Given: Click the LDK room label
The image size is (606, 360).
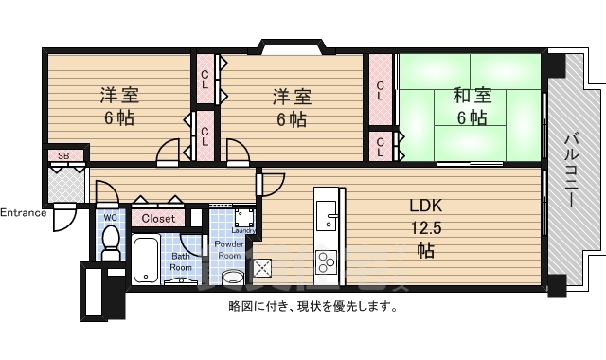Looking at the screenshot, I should point(425,207).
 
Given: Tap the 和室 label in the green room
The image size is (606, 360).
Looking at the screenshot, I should point(470,95).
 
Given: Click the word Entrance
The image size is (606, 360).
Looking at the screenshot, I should point(23,212).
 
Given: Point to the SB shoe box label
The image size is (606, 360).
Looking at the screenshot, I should point(64,155).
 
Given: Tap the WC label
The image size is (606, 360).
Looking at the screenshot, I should point(110,217).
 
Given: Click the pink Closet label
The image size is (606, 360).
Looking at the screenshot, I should point(158,218).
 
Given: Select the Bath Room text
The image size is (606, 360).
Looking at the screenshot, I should point(180,261).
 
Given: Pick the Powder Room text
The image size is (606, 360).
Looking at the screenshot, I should point(230,249).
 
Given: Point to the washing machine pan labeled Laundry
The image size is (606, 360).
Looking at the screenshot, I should point(242,219).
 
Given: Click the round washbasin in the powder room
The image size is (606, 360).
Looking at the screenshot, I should point(233,278).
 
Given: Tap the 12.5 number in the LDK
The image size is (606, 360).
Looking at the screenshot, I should point(425,227).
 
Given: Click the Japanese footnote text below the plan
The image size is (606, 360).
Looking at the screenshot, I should point(312,306).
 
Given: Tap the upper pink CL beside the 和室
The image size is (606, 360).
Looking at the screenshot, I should point(381,91).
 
